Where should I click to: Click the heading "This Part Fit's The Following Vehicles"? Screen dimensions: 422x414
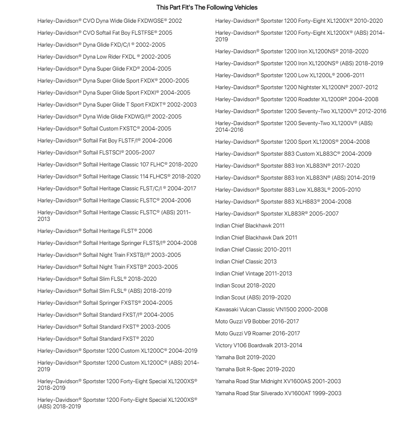(x=207, y=7)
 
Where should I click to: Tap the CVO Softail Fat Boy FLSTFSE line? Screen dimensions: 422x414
(x=105, y=33)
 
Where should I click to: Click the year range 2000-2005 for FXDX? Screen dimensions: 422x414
(x=176, y=81)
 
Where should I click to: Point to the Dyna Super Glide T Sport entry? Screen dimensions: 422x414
(x=117, y=104)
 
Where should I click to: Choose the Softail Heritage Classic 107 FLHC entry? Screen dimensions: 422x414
(x=117, y=164)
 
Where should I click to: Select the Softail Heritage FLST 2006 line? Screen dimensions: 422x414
(x=95, y=231)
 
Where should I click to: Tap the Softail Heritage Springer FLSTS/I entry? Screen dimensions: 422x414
(x=117, y=243)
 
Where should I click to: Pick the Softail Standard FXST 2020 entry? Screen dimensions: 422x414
(x=96, y=339)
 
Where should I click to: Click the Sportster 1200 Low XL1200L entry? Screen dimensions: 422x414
(x=290, y=75)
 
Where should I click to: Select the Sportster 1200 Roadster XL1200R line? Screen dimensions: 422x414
(x=297, y=99)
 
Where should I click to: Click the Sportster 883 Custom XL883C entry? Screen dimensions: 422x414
(x=293, y=154)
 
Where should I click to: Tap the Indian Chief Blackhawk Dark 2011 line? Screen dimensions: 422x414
(x=256, y=237)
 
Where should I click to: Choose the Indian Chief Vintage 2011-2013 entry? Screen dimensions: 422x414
(x=254, y=273)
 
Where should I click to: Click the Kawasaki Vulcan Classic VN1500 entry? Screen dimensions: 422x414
(x=271, y=309)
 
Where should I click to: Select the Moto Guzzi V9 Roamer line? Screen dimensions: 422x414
(x=258, y=333)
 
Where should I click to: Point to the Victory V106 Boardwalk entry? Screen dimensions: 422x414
(x=258, y=345)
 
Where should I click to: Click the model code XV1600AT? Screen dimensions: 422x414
(x=300, y=393)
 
